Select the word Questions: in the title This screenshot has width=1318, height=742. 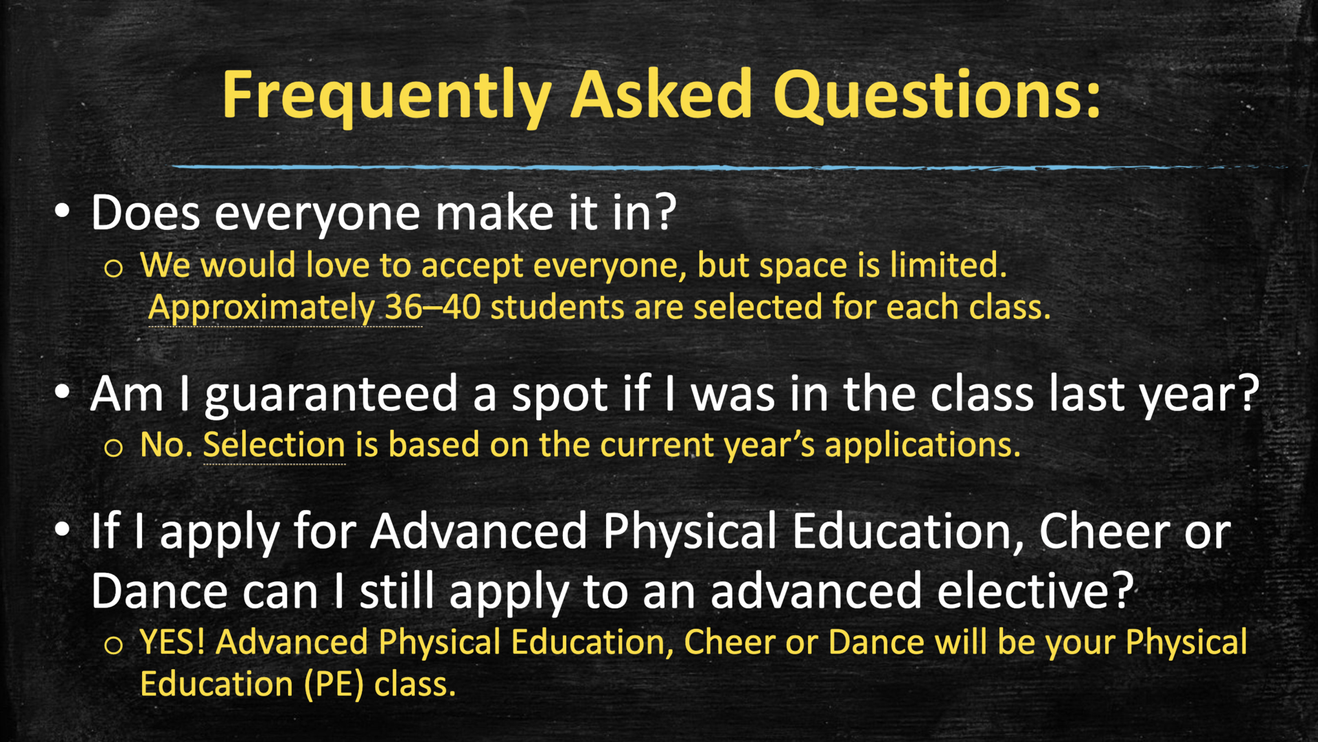[x=937, y=96]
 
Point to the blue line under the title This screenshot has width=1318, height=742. [x=686, y=167]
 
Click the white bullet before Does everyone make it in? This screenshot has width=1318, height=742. [x=62, y=211]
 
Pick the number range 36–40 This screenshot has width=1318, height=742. [x=432, y=307]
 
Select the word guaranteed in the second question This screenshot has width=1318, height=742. [x=331, y=395]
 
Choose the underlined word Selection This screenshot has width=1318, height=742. [x=274, y=445]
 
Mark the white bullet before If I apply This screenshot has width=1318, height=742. [x=62, y=529]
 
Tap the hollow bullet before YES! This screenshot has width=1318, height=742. [x=113, y=645]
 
